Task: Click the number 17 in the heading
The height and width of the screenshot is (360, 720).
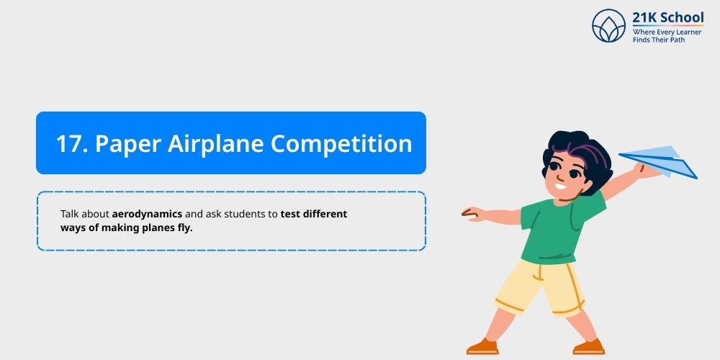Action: click(71, 143)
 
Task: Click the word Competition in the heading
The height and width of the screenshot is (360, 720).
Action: click(342, 143)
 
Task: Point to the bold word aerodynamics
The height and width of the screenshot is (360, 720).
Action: click(147, 215)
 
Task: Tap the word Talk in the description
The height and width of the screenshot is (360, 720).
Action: click(70, 215)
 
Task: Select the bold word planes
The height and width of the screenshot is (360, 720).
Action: click(153, 228)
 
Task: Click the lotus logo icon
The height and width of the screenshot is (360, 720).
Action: click(609, 26)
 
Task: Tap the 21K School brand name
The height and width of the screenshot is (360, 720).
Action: click(668, 18)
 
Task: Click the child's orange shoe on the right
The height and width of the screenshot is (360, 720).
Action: click(589, 348)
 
